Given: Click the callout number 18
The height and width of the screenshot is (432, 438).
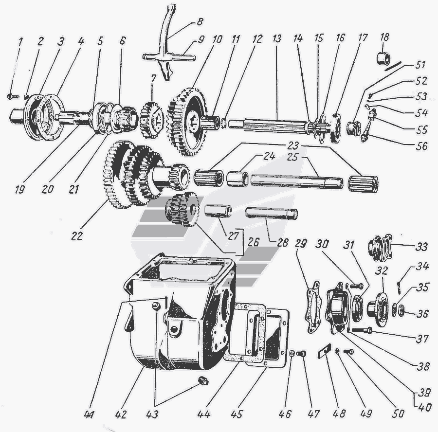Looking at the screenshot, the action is click(384, 37).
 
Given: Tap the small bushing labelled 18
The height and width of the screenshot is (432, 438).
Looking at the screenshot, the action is click(383, 58).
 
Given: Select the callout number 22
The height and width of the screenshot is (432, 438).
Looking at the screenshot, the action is click(77, 236).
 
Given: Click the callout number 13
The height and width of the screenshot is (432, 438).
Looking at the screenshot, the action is click(277, 38).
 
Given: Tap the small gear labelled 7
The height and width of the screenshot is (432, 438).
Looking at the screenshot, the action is click(151, 120).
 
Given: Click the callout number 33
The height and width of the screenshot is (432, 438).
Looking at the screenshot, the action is click(421, 247).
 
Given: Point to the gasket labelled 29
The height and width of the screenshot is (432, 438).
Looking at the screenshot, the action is click(314, 307).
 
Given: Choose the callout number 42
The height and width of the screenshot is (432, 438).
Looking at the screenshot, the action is click(121, 414).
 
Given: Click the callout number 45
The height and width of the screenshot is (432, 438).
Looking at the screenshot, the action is click(237, 414).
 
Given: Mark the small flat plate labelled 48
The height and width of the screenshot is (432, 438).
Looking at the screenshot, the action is click(324, 350).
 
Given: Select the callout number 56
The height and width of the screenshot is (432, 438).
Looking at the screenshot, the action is click(421, 146).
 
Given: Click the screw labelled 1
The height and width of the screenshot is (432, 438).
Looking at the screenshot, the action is click(13, 97).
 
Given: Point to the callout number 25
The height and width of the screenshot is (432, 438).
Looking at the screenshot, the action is click(292, 157).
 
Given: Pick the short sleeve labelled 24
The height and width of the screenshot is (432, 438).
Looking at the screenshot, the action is click(237, 179).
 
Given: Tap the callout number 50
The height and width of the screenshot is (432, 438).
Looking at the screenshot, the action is click(398, 414).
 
